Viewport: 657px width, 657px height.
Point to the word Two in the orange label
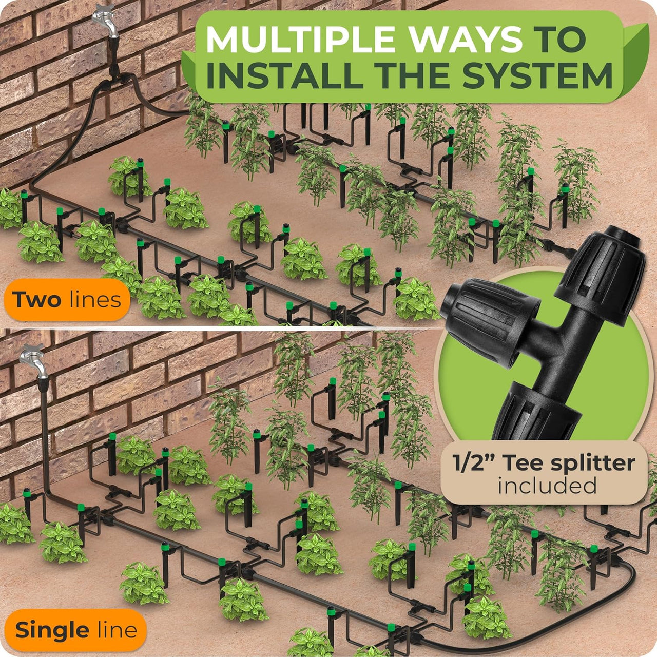point(36,299)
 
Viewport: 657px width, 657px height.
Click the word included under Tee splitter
point(547,486)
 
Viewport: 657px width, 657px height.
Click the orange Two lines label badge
point(65,300)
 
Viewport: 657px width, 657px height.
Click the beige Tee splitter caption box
point(544,474)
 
